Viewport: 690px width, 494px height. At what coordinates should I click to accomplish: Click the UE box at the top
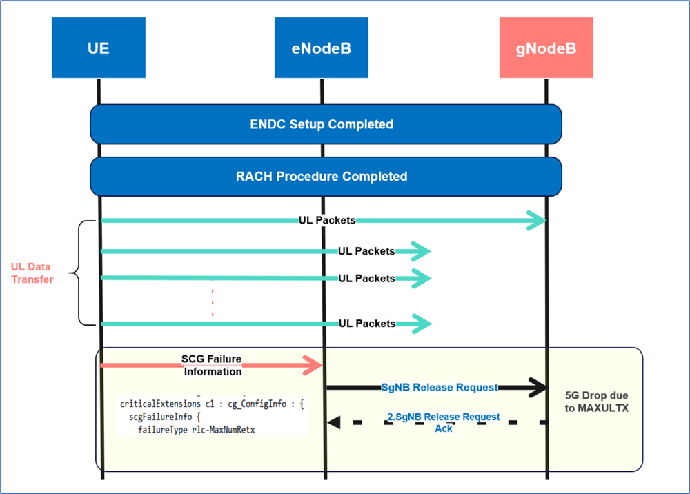click(99, 48)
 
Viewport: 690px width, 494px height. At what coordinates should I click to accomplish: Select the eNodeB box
click(322, 48)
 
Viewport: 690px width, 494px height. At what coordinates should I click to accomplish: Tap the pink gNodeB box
click(546, 48)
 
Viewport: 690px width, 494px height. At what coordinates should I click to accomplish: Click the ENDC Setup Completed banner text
click(322, 125)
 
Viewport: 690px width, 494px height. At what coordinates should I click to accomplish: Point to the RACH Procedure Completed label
click(322, 177)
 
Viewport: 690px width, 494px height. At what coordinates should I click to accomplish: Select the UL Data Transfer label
click(32, 273)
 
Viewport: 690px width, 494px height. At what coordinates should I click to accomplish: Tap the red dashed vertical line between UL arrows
click(213, 301)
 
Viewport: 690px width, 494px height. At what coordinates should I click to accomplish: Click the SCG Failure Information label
click(212, 365)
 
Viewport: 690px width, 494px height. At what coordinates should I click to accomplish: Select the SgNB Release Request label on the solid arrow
click(440, 388)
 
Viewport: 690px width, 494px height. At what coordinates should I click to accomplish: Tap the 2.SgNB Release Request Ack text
click(444, 422)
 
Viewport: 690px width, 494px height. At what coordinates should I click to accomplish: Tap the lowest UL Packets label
click(366, 324)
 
